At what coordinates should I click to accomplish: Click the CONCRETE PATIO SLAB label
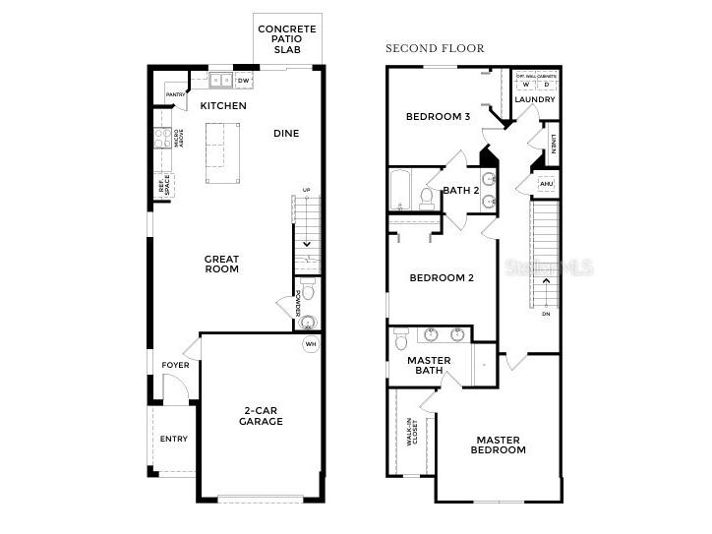point(286,39)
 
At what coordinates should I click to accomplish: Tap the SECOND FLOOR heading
point(435,48)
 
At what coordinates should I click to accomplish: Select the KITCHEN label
point(223,106)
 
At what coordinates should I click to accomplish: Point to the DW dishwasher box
point(243,81)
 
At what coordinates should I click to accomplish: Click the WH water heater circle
point(311,344)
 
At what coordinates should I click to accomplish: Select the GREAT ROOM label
point(221,265)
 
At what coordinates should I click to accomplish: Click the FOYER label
point(175,366)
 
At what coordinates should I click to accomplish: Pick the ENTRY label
point(173,440)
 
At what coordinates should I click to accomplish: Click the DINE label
point(286,134)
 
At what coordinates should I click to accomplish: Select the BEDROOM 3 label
point(438,117)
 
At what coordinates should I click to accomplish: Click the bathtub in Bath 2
point(399,190)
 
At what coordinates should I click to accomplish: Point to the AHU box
point(547,184)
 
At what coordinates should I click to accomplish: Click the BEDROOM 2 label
point(442,278)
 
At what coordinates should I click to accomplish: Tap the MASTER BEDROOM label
point(500,445)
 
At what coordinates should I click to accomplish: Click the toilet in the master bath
point(400,338)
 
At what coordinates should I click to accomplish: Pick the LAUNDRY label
point(535,100)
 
